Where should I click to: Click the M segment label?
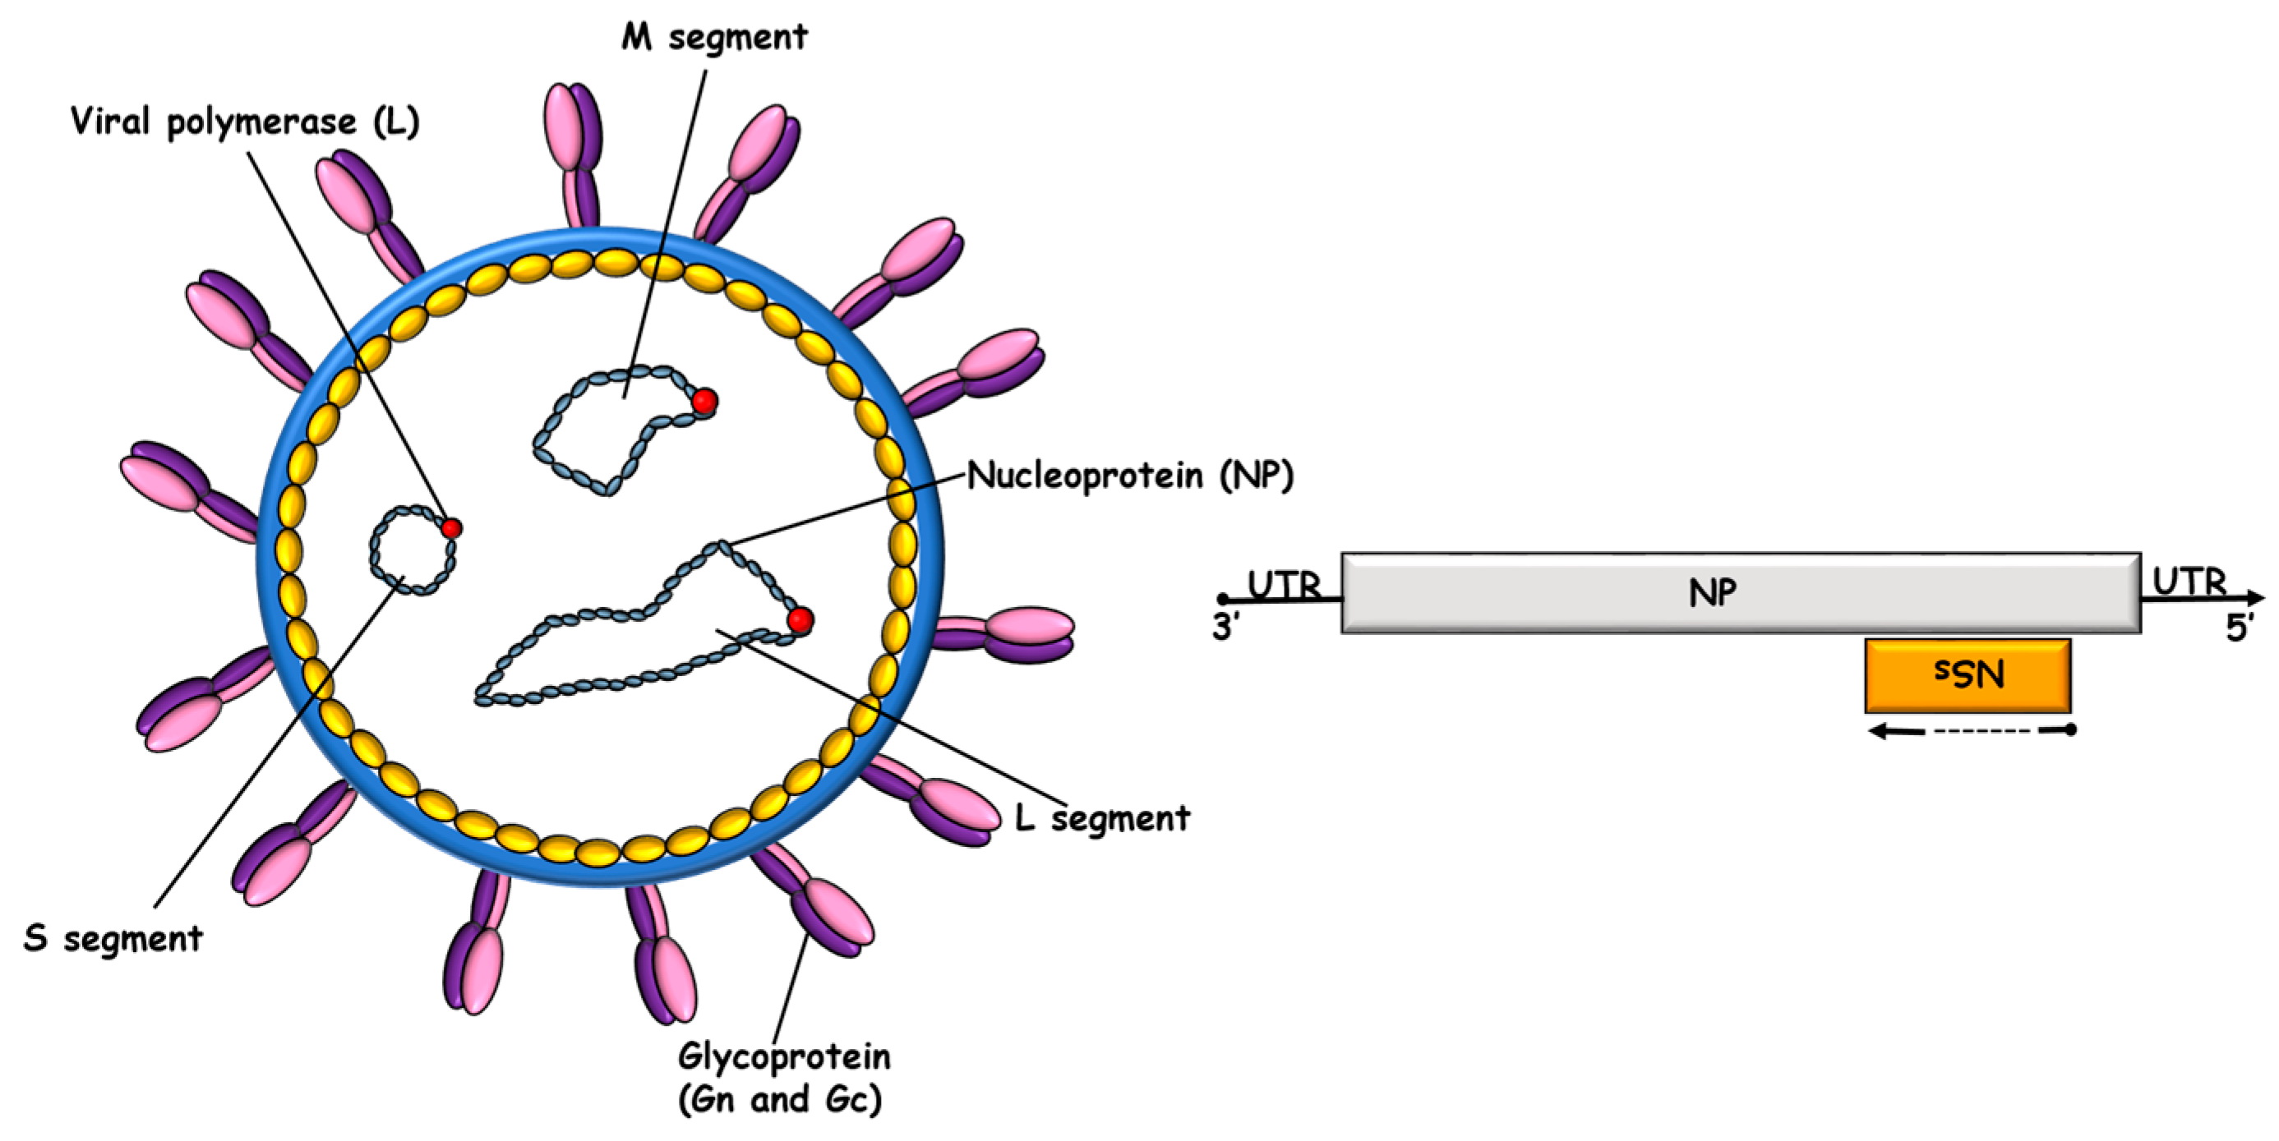click(x=714, y=37)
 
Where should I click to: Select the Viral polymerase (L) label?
click(x=244, y=122)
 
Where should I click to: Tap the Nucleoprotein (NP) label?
click(x=1130, y=475)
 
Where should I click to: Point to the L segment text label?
click(x=1101, y=818)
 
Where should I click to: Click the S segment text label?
click(x=113, y=937)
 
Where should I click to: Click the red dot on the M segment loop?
click(x=704, y=402)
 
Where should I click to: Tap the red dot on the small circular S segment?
click(x=451, y=529)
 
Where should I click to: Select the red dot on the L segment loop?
click(x=800, y=619)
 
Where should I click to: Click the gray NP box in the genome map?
click(x=1739, y=592)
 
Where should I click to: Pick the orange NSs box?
click(x=1968, y=676)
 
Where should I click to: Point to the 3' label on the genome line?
click(x=1226, y=628)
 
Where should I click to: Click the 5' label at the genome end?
click(x=2238, y=629)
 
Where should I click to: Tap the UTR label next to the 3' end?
click(x=1284, y=585)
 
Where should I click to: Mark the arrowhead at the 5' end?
click(x=2255, y=599)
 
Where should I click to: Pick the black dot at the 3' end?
click(x=1223, y=599)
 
